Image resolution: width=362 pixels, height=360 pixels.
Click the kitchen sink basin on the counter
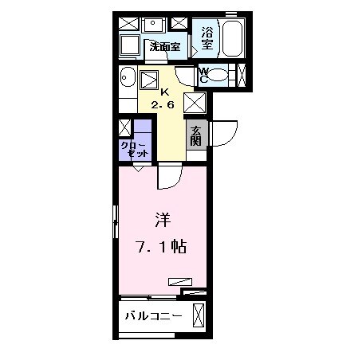tap(149, 80)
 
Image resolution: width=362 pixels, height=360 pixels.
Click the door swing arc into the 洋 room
tap(170, 177)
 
